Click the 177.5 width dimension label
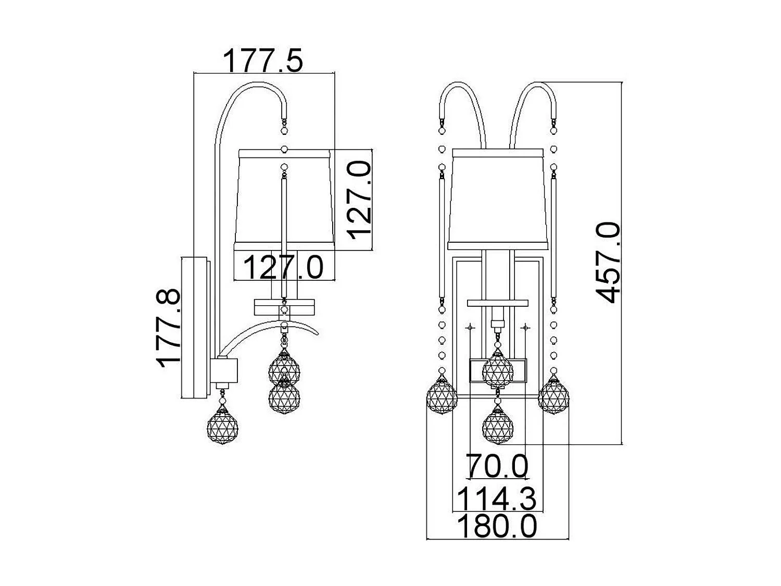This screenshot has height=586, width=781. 263,60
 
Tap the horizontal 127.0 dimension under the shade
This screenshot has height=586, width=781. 284,267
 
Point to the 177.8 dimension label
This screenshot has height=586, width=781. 168,329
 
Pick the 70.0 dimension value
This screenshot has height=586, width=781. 497,465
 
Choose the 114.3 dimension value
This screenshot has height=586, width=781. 497,498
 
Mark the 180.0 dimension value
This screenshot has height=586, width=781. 497,526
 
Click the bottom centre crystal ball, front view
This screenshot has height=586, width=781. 498,426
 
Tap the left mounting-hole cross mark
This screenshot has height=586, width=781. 470,328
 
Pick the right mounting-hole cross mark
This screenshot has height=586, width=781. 525,328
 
